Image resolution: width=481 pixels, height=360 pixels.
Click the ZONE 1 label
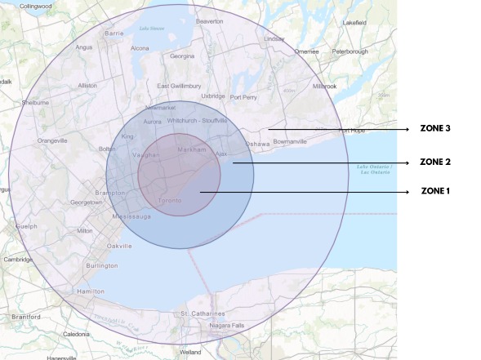(x=435, y=191)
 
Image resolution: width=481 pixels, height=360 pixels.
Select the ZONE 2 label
(x=435, y=162)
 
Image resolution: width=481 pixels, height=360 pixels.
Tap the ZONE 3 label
(x=435, y=129)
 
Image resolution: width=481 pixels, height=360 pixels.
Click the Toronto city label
(x=170, y=199)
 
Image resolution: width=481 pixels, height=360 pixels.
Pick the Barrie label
(x=113, y=33)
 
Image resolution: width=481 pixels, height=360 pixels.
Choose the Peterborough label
(x=350, y=51)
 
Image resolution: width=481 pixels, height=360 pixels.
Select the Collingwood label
(x=35, y=6)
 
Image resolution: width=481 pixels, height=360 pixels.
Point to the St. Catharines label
(x=196, y=313)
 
